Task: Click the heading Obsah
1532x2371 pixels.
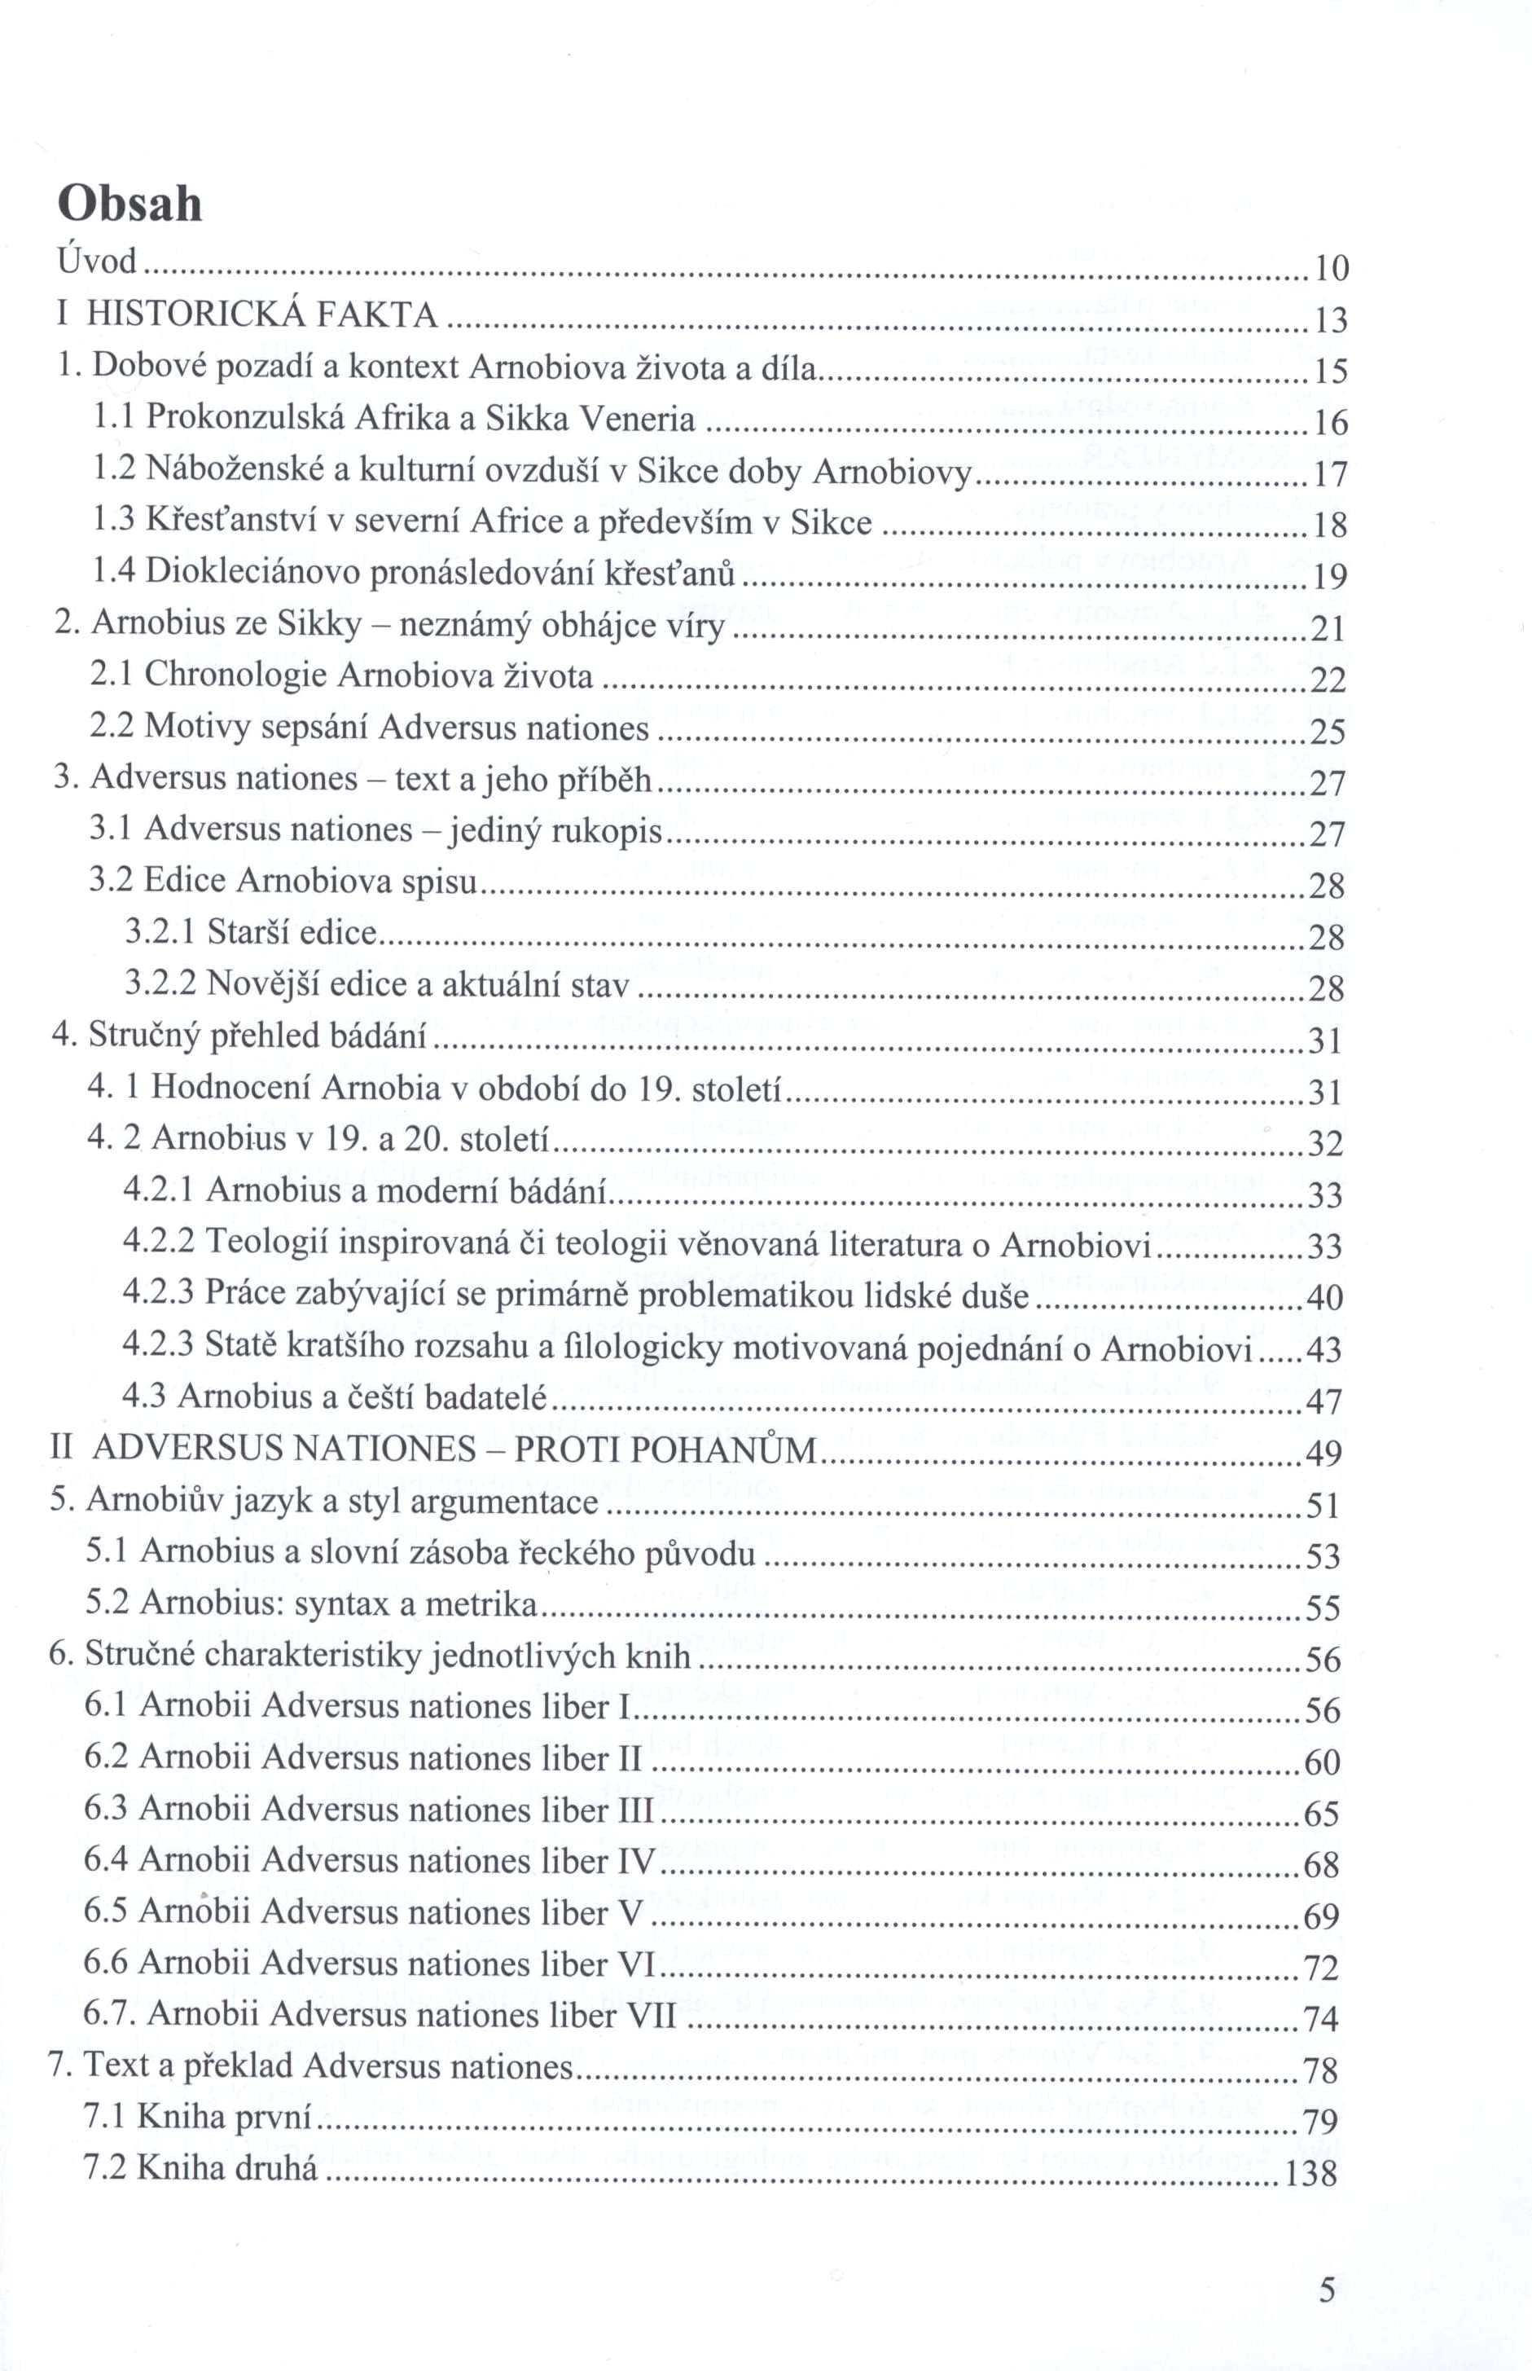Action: click(x=130, y=205)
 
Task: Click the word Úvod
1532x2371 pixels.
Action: click(x=95, y=262)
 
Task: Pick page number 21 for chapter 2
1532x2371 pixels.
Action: click(x=1329, y=629)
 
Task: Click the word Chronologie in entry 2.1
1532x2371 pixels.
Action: click(x=235, y=675)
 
